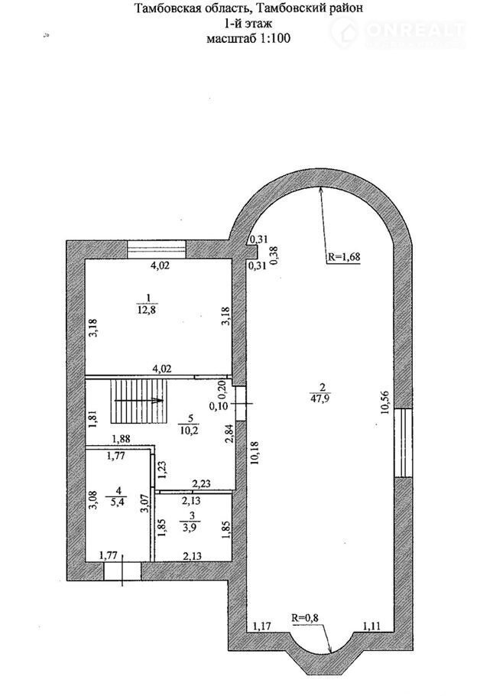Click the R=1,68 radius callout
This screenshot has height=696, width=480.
[x=343, y=256]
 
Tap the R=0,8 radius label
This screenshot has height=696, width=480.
[x=305, y=616]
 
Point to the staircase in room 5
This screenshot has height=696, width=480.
[x=139, y=402]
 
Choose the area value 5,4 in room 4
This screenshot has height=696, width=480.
[x=118, y=503]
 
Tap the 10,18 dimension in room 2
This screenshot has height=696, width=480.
[x=254, y=452]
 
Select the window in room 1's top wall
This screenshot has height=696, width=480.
[x=156, y=249]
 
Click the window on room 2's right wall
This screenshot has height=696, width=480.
[x=403, y=443]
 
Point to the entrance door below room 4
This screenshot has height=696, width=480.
[x=122, y=571]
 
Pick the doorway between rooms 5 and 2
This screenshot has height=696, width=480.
[x=241, y=403]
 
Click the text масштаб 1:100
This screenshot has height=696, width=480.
[x=248, y=38]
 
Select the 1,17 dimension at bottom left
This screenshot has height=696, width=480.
[x=261, y=626]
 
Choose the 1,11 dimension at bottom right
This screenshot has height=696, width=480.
[x=371, y=626]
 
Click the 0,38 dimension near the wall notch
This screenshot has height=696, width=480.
[x=274, y=255]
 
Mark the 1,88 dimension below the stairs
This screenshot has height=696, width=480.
[x=121, y=439]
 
